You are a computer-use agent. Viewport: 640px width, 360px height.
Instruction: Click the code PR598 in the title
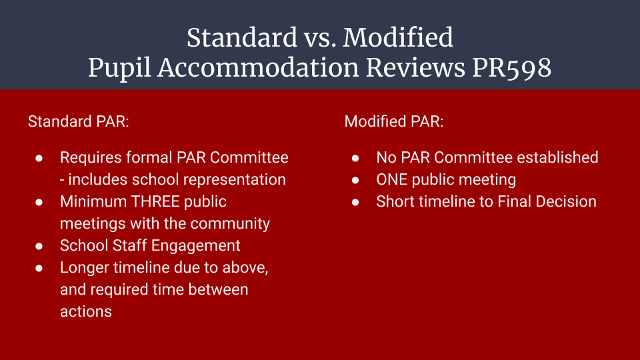click(512, 67)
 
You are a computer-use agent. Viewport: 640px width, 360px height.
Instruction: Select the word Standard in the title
click(242, 37)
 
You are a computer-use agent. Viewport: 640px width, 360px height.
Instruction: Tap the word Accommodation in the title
click(259, 67)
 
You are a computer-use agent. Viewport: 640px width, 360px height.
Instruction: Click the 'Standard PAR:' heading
click(79, 121)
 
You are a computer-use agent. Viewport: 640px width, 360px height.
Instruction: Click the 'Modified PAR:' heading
click(394, 121)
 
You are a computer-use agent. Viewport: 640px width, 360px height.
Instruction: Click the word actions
click(86, 312)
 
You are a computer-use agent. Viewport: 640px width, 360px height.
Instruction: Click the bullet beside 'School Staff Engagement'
click(39, 246)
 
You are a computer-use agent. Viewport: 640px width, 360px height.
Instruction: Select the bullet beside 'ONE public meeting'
click(355, 180)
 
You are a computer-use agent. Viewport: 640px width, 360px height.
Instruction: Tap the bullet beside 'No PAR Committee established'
click(355, 158)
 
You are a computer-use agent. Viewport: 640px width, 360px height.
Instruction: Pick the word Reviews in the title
click(415, 67)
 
